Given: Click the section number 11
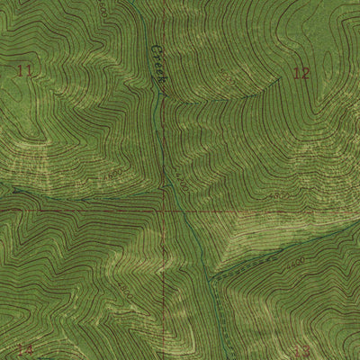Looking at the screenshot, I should [24, 70].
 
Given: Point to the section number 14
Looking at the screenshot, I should [24, 350].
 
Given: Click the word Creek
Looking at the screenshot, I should [158, 66].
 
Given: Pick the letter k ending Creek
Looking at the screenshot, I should [163, 81].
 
